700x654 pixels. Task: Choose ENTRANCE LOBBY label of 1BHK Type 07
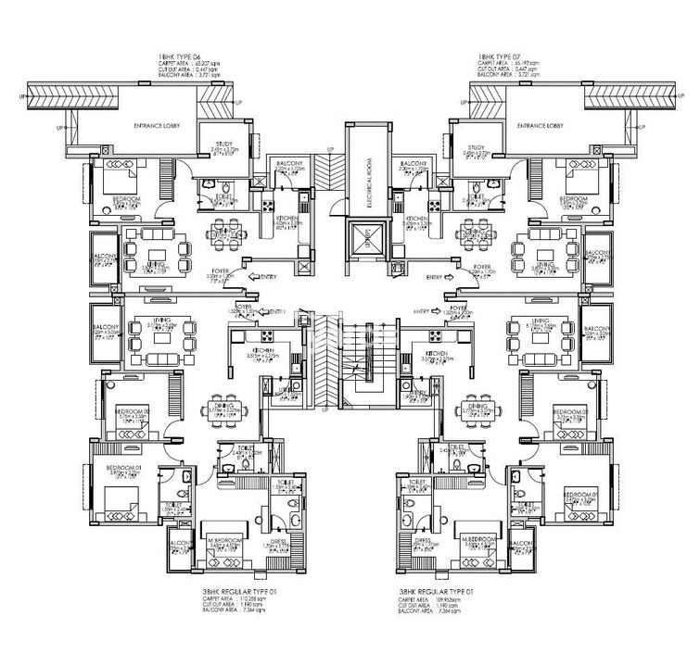541,124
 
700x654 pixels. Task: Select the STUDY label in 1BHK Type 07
477,147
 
